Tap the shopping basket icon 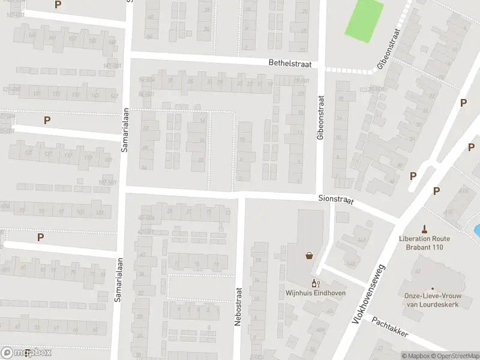click(x=310, y=256)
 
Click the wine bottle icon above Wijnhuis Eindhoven click(x=313, y=283)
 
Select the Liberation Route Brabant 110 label click(x=425, y=242)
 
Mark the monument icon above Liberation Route click(x=425, y=228)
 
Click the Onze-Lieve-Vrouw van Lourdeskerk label click(x=432, y=300)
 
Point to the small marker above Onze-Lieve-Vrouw click(x=432, y=287)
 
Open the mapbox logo click(x=26, y=353)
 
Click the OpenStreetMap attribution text click(x=455, y=356)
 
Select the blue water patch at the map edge click(x=477, y=230)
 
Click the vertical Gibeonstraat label click(x=320, y=118)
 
